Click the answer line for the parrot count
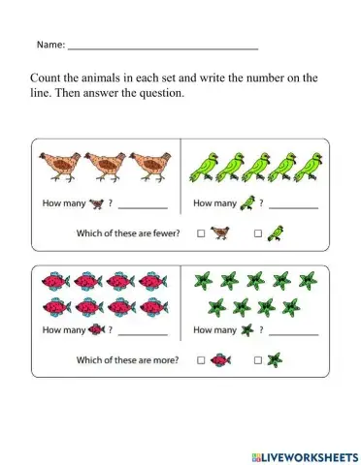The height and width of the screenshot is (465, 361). [x=293, y=207]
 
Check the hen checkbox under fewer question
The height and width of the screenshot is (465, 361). [x=201, y=233]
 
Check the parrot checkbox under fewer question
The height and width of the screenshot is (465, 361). [x=257, y=233]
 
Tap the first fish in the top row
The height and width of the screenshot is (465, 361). [x=52, y=282]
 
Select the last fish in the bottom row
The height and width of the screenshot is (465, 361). [x=152, y=307]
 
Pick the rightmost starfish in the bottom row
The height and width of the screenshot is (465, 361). [x=294, y=307]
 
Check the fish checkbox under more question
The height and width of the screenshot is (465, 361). [x=201, y=360]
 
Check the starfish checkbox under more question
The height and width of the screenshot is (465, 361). [x=257, y=360]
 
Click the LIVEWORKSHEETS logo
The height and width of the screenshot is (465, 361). [x=301, y=454]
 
